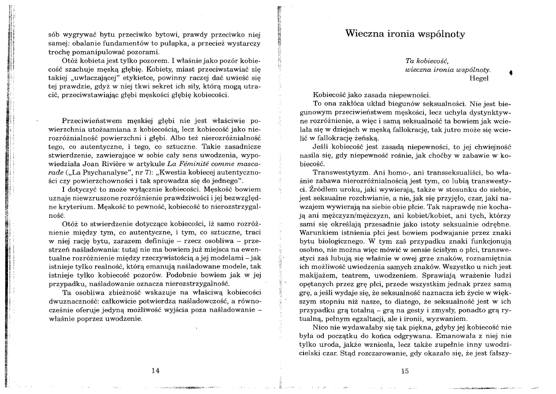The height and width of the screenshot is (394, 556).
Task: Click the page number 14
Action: [x=155, y=371]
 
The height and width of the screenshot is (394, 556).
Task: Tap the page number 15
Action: [x=405, y=371]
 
